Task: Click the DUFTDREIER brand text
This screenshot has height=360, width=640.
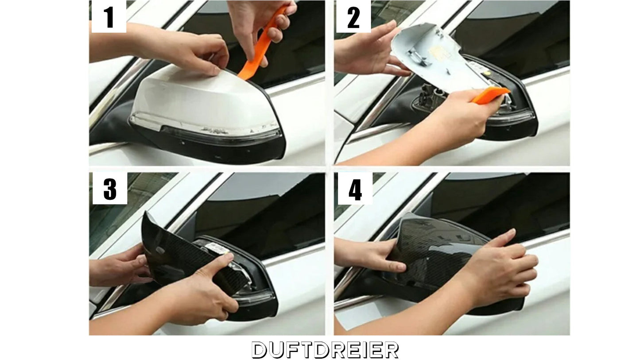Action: coord(325,350)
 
